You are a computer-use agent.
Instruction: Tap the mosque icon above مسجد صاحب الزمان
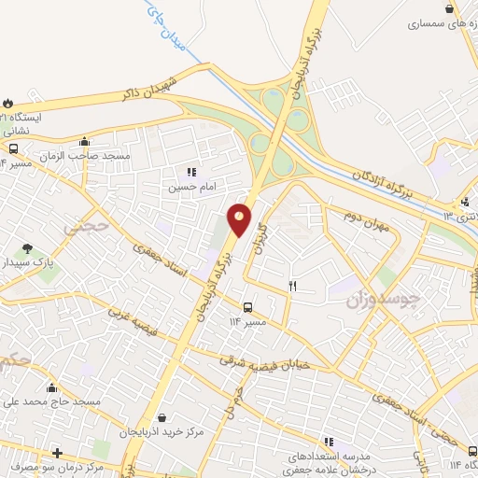pyautogui.click(x=84, y=142)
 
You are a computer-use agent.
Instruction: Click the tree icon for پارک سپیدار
pyautogui.click(x=26, y=249)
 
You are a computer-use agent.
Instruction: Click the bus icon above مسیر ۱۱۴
pyautogui.click(x=247, y=307)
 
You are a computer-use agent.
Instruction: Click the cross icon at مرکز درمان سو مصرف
pyautogui.click(x=57, y=452)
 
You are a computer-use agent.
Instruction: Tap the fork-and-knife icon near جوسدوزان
pyautogui.click(x=293, y=286)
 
